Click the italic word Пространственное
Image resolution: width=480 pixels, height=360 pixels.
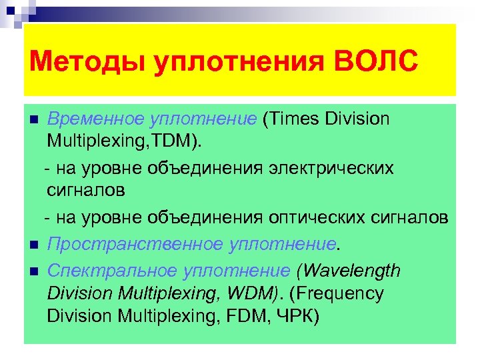click(133, 245)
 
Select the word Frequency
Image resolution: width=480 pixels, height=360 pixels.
click(347, 293)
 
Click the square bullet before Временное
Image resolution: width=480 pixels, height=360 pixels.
click(34, 120)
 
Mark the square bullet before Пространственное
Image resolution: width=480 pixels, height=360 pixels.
click(34, 245)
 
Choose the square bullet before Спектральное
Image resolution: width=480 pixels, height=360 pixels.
click(34, 271)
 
